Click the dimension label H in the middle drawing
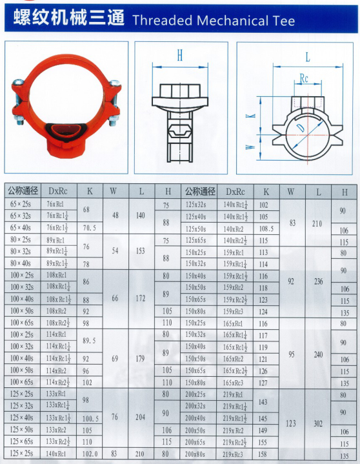(180, 56)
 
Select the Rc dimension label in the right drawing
(303, 80)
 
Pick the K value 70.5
(90, 227)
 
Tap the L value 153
(141, 250)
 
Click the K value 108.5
(266, 228)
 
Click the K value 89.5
(90, 339)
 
